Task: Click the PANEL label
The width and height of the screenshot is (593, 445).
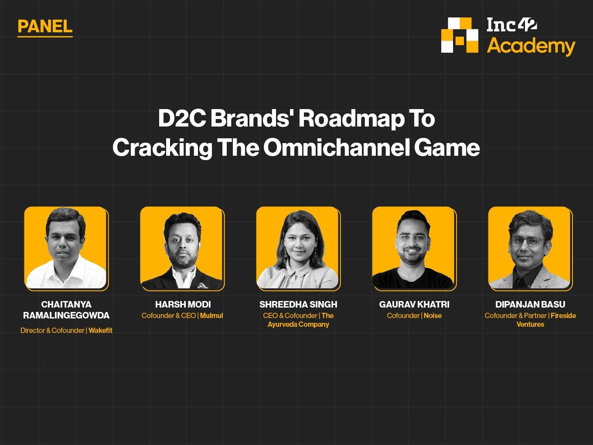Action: point(45,27)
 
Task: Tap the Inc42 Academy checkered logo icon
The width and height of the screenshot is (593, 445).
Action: point(460,35)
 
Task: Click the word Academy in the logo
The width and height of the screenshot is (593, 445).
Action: point(531,46)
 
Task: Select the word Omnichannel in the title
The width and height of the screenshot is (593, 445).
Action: point(337,147)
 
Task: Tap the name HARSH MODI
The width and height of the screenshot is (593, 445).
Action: point(183,305)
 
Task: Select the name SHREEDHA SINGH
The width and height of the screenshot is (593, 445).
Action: point(298,305)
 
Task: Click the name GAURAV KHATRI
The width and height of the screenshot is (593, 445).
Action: point(414,305)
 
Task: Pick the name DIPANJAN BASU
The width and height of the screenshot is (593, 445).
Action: point(530,305)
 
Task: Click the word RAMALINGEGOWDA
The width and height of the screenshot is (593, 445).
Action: point(66,315)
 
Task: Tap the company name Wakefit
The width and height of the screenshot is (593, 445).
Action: point(100,330)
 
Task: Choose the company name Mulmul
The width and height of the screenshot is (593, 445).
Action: point(211,315)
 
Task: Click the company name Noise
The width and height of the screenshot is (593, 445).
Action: point(433,315)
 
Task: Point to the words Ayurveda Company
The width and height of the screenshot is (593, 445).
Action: point(298,324)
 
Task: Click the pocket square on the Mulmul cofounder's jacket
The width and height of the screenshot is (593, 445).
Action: point(201,285)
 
